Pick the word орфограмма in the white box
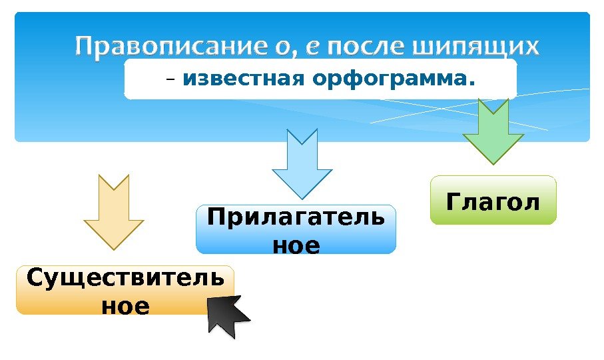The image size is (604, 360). [388, 80]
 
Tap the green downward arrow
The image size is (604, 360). [493, 131]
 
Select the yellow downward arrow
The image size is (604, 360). [113, 211]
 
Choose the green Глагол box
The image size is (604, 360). [493, 200]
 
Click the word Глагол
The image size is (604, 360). [493, 200]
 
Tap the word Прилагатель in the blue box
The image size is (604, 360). [296, 218]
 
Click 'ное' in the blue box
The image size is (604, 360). [296, 245]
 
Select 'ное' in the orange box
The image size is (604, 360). [125, 306]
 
